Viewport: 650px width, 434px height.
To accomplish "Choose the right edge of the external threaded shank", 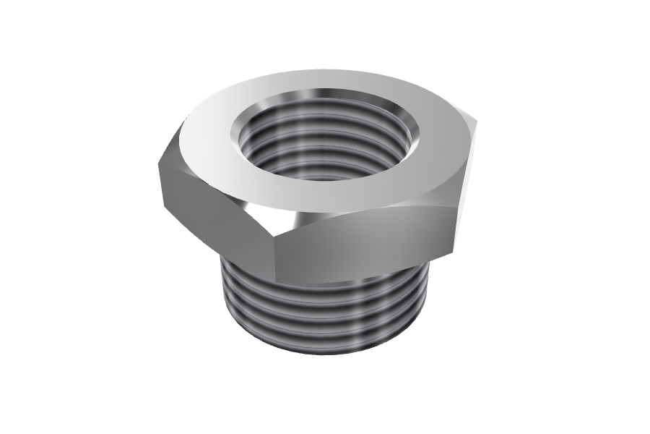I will pos(428,297).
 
